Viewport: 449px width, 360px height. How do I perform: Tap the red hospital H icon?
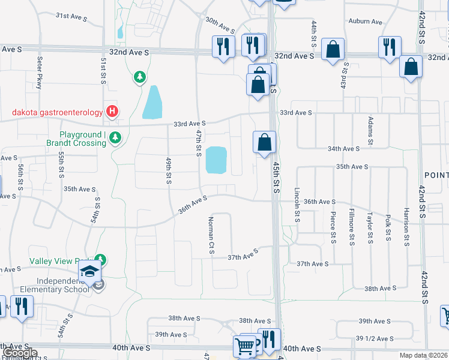[x=112, y=111]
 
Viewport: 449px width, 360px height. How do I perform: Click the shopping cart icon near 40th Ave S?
[x=244, y=346]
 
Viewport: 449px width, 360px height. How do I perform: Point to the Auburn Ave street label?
[x=365, y=22]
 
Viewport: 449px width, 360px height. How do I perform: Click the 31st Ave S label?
[x=71, y=16]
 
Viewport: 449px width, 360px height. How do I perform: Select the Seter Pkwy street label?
[x=39, y=73]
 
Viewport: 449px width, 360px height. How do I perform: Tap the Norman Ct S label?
[x=211, y=235]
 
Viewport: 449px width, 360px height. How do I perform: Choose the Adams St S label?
[x=370, y=131]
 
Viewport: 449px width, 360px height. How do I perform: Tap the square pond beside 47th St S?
[x=216, y=160]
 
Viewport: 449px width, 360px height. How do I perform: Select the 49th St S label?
[x=169, y=172]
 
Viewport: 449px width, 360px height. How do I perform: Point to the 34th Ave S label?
[x=343, y=148]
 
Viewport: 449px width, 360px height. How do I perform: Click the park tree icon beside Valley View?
[x=101, y=260]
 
